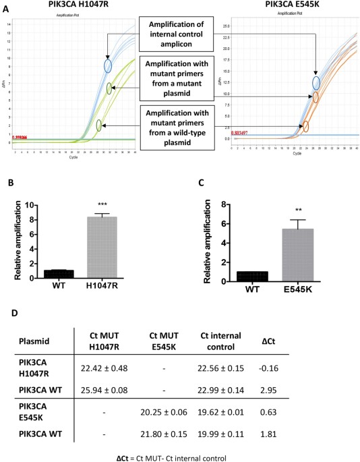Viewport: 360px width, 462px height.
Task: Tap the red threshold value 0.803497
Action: click(245, 133)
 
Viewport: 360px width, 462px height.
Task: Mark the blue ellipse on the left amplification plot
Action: click(107, 65)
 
